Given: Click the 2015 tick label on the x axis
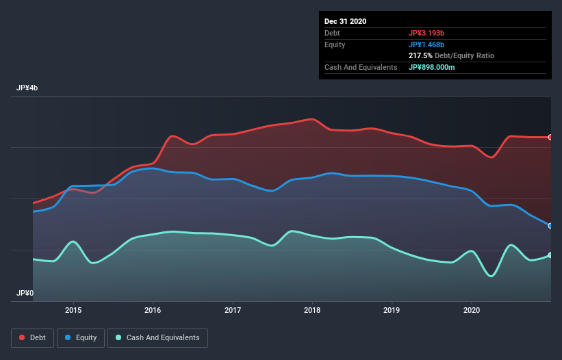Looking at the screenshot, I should [73, 309].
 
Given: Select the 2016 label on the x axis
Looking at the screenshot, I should [153, 309].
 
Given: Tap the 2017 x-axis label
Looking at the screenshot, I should [233, 309].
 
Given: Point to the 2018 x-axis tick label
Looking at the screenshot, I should [312, 309].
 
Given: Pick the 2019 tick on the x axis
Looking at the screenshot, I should [392, 309].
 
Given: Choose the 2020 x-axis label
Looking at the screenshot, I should [472, 309].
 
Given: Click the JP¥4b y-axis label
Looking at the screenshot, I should [28, 88].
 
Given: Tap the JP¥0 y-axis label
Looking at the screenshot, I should [25, 293].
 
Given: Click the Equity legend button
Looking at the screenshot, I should [81, 337].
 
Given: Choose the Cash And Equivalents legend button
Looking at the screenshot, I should [157, 337].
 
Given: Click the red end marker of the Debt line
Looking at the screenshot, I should [550, 138].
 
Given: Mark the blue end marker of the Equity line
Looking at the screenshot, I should [550, 225].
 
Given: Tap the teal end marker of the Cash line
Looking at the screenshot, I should [550, 255].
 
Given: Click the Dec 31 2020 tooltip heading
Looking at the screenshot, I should [345, 21].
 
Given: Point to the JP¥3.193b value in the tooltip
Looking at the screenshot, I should [426, 33].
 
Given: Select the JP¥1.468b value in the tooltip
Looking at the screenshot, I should [426, 44].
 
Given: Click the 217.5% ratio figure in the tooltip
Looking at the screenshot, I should [420, 55].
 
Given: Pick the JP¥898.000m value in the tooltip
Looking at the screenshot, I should [432, 67].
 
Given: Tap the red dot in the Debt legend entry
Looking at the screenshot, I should [23, 337].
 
